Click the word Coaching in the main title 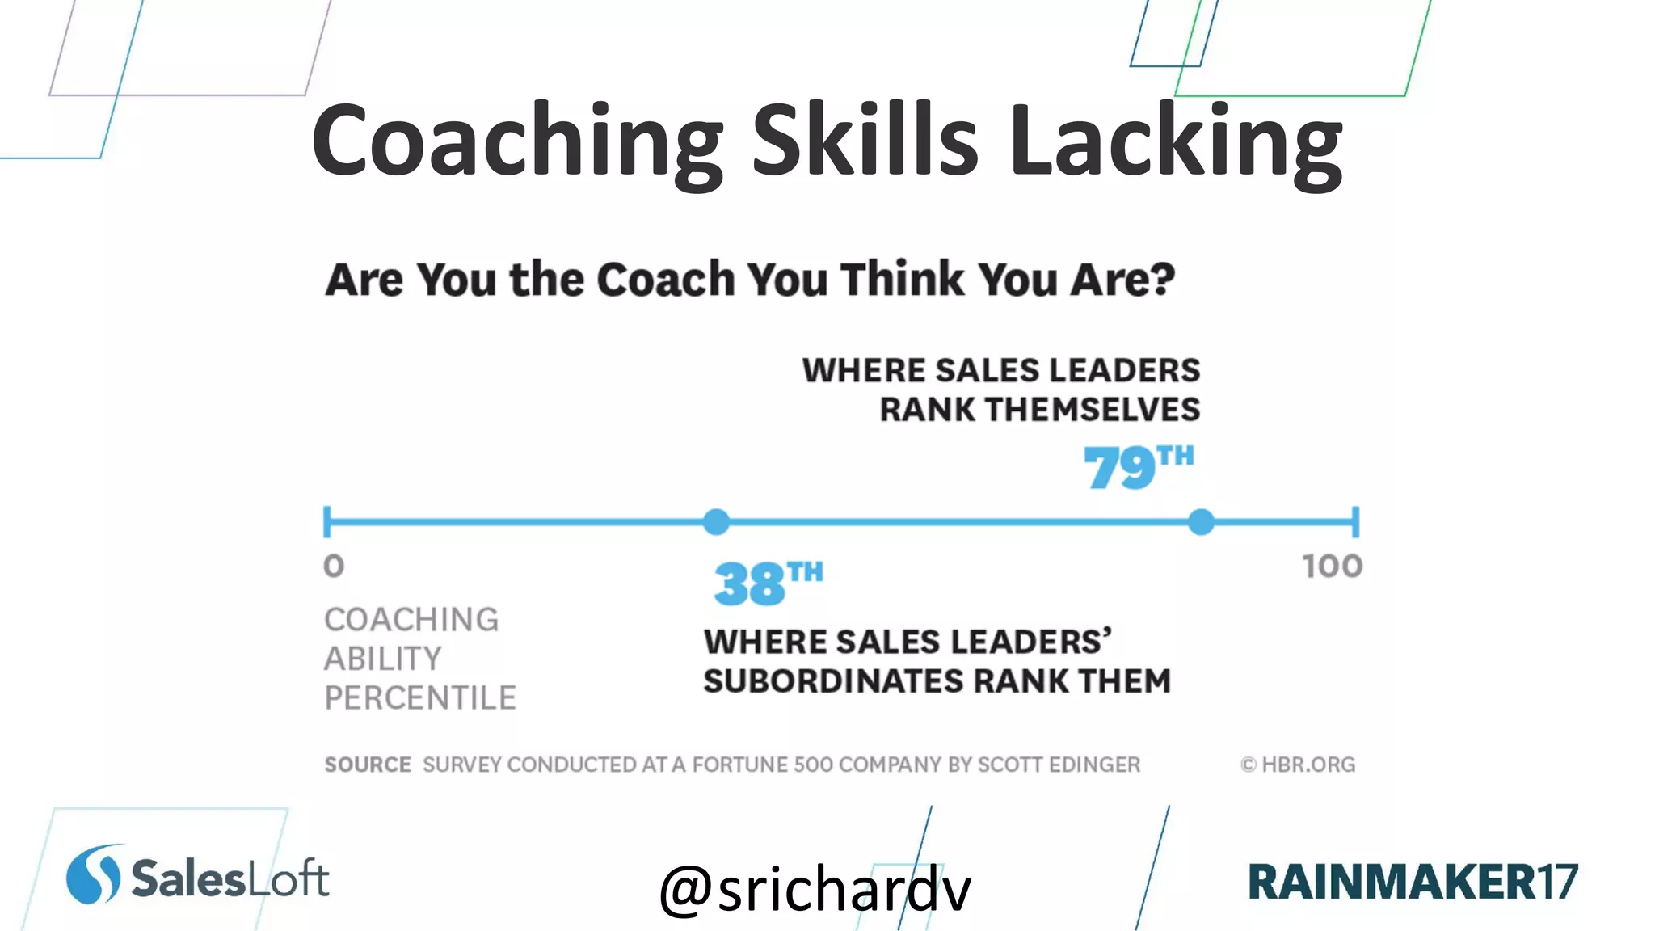point(517,141)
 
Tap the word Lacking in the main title point(1176,141)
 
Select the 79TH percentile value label point(1138,466)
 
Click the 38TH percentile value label point(768,582)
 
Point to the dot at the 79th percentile point(1202,522)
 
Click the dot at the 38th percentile point(716,522)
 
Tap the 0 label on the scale point(334,566)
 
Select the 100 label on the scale point(1332,566)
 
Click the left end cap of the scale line point(326,522)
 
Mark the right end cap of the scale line point(1355,522)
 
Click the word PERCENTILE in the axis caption point(420,697)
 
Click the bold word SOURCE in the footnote point(368,765)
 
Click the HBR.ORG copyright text point(1299,765)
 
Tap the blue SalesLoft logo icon point(93,874)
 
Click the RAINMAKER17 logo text point(1413,881)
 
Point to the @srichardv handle point(815,889)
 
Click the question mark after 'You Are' point(1161,279)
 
